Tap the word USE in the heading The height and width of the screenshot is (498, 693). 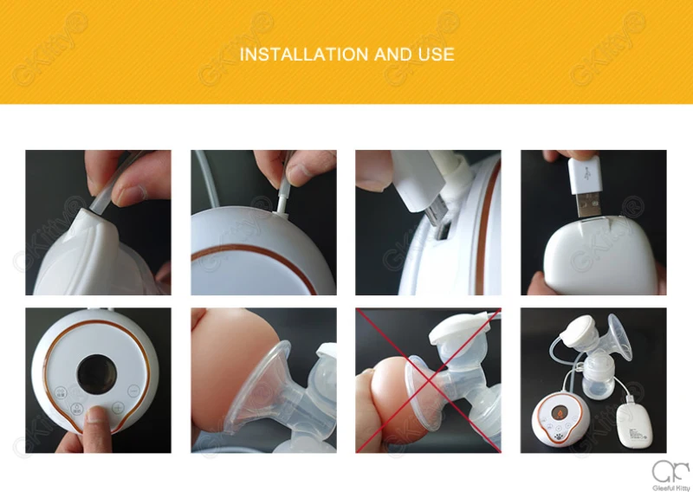coord(437,55)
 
